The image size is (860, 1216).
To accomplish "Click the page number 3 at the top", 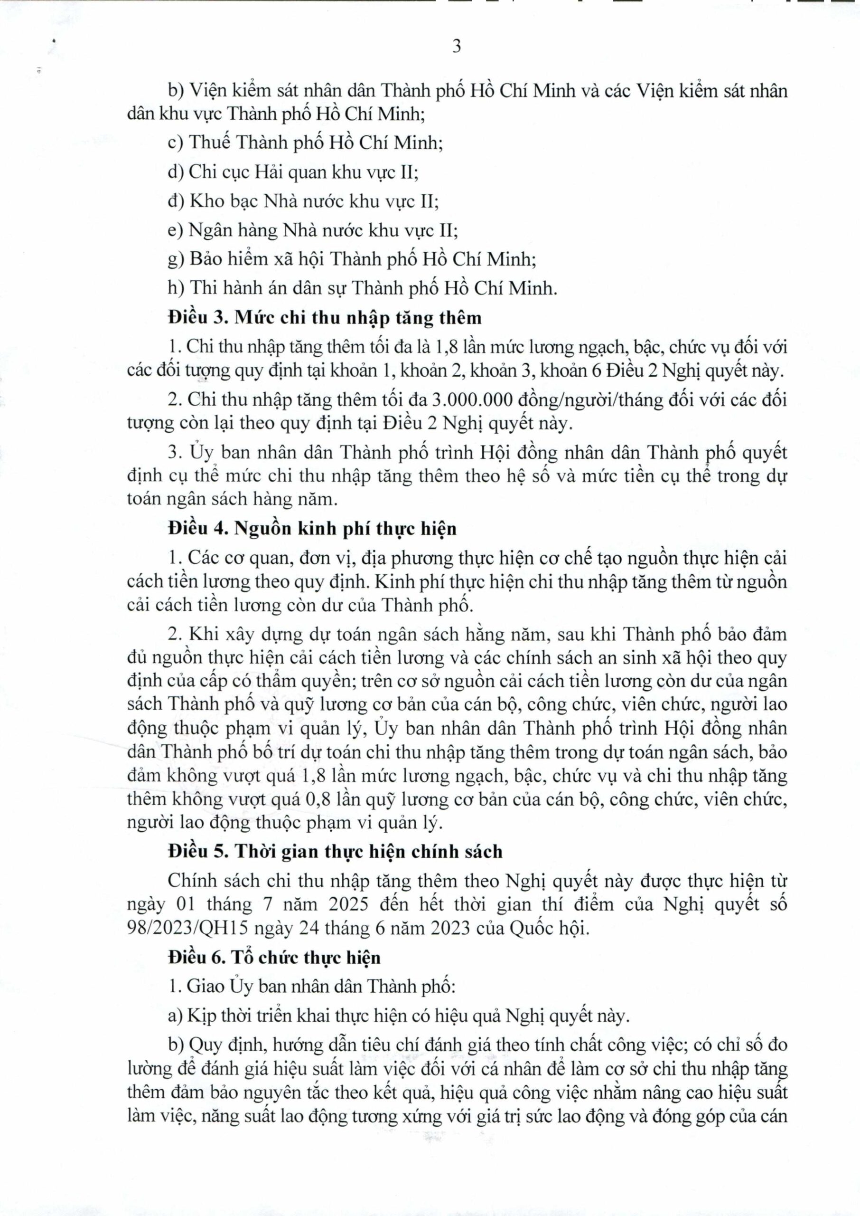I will (457, 47).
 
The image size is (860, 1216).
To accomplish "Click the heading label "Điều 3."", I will (197, 318).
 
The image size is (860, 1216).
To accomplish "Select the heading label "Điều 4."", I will (197, 529).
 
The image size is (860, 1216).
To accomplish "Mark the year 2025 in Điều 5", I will (346, 904).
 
